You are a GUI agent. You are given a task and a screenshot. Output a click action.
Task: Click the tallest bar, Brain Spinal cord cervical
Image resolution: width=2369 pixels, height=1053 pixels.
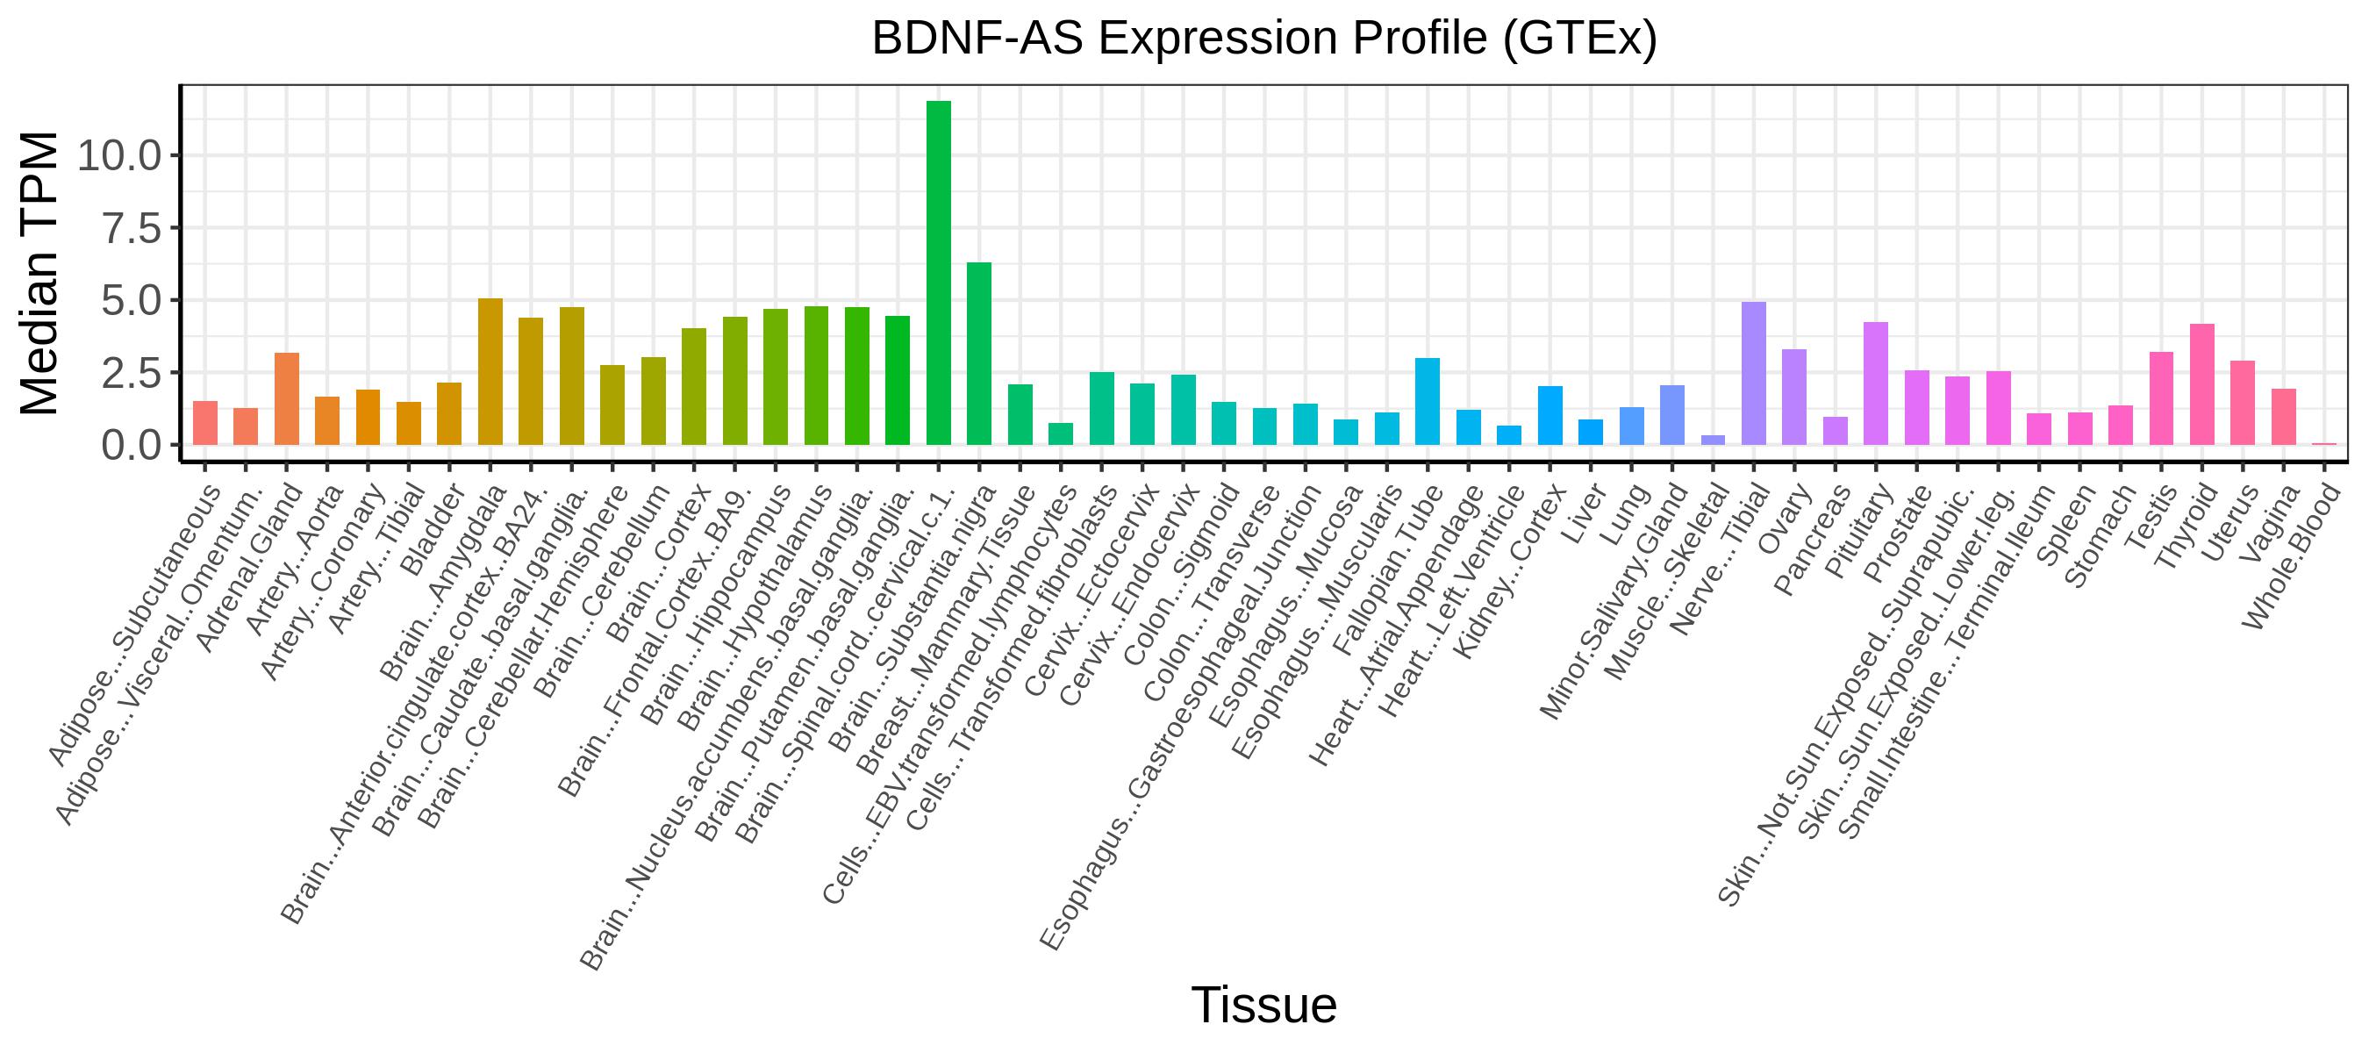[938, 273]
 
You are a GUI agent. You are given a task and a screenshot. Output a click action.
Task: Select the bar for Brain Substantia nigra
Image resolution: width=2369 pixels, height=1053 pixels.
[979, 354]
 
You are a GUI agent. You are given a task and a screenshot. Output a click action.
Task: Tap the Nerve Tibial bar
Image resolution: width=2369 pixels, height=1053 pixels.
[1754, 374]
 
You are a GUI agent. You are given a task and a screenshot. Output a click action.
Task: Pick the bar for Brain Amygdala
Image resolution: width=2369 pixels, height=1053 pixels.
[490, 371]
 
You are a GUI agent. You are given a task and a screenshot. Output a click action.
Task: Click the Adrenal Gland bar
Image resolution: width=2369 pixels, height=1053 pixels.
[287, 399]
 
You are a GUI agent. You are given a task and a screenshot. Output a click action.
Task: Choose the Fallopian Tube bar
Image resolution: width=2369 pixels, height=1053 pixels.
[1428, 402]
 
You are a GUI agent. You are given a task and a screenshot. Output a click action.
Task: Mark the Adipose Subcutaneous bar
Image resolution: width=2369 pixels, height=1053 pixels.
[205, 423]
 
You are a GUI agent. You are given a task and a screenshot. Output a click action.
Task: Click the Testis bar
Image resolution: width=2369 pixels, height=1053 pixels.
[2161, 399]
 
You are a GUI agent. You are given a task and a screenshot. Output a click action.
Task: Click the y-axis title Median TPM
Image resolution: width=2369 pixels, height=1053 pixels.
[39, 273]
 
